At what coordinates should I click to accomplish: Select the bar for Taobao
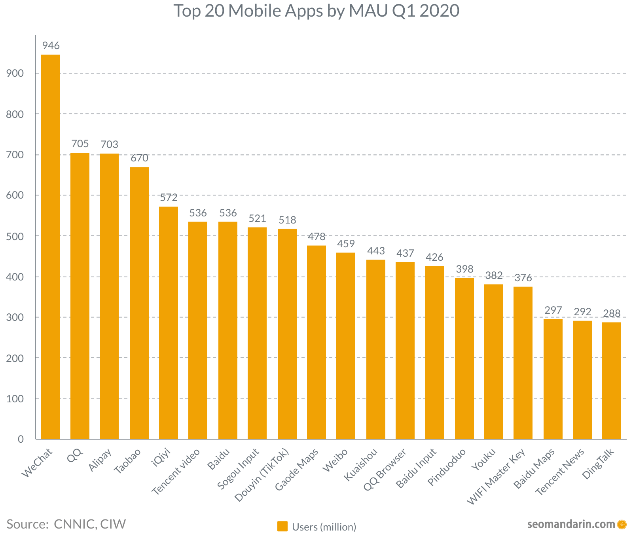point(139,303)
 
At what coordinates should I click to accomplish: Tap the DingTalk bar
point(612,381)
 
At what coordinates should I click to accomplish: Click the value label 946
point(51,46)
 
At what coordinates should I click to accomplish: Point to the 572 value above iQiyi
point(169,197)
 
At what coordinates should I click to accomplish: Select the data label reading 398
point(464,269)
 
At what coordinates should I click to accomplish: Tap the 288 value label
point(612,314)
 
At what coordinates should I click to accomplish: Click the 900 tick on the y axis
point(15,74)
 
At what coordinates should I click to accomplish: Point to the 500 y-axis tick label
point(15,236)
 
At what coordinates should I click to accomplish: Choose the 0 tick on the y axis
point(21,439)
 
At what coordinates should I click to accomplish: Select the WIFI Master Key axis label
point(497,476)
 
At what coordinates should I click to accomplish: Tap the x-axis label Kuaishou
point(361,464)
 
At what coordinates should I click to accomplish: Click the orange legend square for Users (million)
point(282,527)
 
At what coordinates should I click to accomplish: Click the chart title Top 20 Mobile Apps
point(316,11)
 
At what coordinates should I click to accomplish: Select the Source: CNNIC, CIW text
point(66,524)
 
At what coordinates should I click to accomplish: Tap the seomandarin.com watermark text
point(571,525)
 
